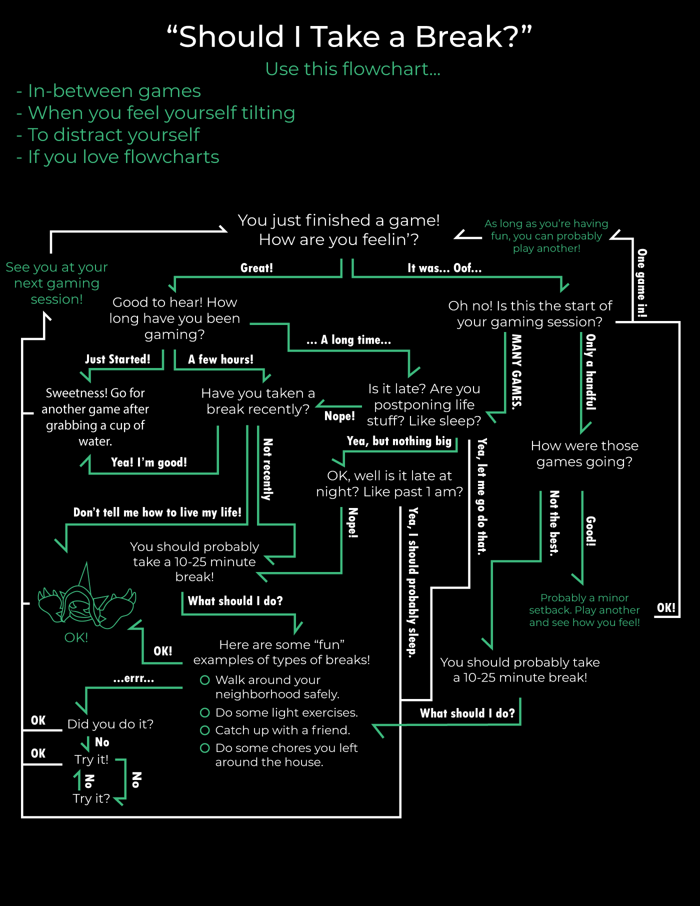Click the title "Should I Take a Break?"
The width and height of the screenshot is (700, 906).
[x=349, y=37]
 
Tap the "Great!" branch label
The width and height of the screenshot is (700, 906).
[x=256, y=268]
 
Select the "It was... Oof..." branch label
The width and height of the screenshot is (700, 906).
[x=444, y=268]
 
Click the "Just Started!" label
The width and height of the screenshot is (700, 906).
[x=117, y=359]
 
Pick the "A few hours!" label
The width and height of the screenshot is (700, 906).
[x=220, y=359]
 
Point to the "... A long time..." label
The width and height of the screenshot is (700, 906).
[x=348, y=340]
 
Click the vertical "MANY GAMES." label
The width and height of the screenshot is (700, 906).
[x=516, y=372]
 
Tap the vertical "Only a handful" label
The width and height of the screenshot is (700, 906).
[x=591, y=372]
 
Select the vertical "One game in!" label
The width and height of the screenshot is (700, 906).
[x=642, y=283]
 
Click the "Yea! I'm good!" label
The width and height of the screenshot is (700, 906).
[x=149, y=462]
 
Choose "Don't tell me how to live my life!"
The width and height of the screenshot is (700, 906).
[x=157, y=512]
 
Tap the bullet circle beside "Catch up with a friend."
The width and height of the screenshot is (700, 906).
[x=204, y=730]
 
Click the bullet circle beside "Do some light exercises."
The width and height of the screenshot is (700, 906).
[x=204, y=712]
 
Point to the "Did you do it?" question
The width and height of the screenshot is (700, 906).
[x=110, y=724]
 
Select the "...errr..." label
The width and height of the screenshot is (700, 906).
[x=133, y=678]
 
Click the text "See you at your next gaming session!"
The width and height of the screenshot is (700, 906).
[x=56, y=283]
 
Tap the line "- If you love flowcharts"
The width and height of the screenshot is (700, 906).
[x=117, y=157]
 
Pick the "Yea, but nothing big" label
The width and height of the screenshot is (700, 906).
[x=399, y=441]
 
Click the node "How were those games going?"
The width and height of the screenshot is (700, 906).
[x=584, y=453]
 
